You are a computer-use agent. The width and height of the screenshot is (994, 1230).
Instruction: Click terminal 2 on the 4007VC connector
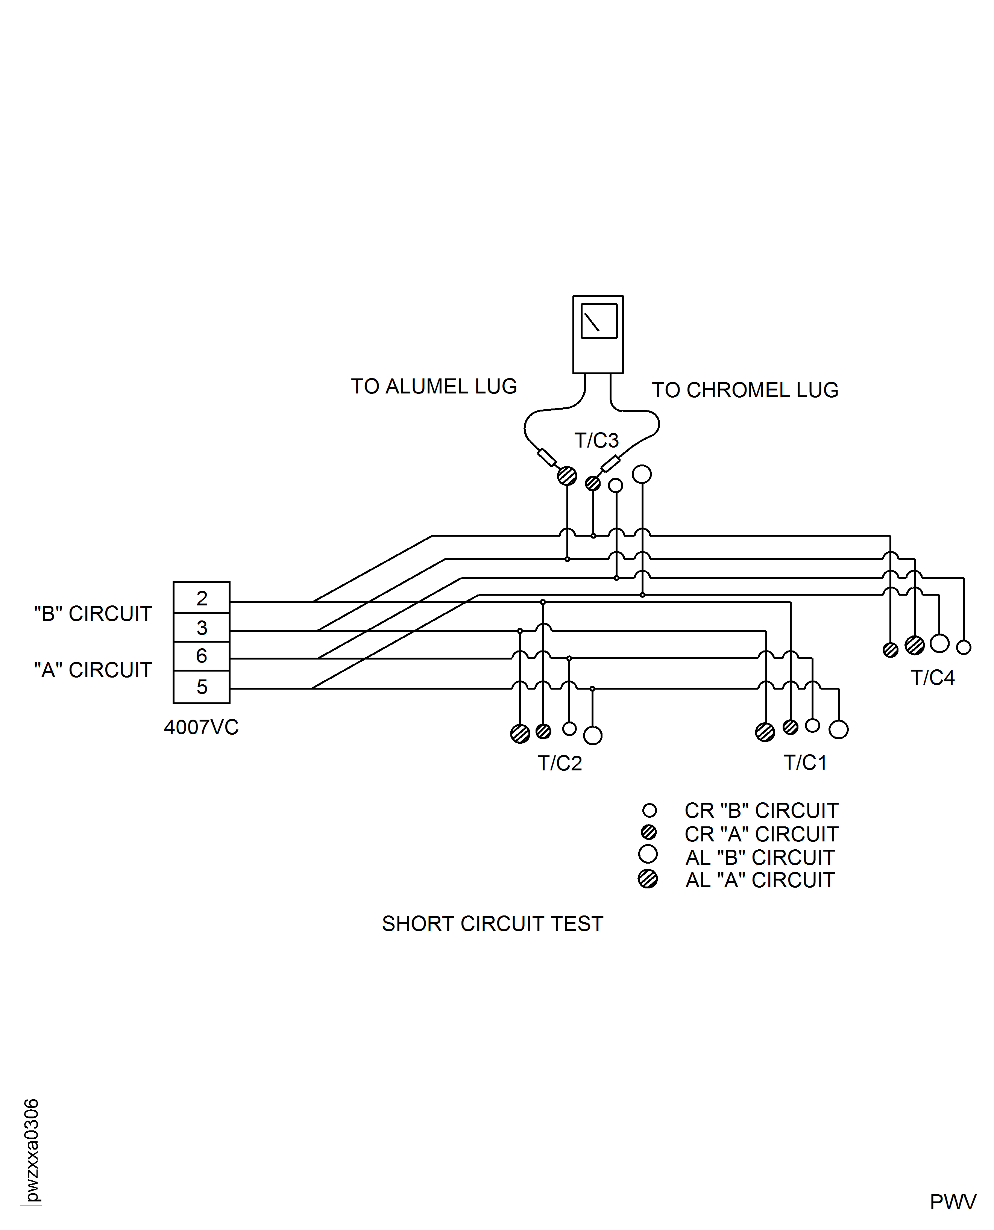point(202,598)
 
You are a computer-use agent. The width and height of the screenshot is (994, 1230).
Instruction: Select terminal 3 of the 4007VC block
point(202,628)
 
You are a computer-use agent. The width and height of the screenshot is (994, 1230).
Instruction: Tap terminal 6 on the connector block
point(202,656)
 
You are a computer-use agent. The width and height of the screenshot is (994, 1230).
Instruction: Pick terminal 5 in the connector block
point(202,687)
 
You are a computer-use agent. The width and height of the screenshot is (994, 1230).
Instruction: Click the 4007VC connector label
point(201,727)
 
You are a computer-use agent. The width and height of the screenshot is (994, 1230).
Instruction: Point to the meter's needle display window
point(599,321)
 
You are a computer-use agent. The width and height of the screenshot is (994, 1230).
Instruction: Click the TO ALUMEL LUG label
point(434,387)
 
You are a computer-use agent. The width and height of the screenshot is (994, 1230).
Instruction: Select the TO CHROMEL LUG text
point(745,390)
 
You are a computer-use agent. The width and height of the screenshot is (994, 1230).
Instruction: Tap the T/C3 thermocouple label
point(596,440)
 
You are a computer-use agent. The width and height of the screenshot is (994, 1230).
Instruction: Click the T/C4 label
point(932,678)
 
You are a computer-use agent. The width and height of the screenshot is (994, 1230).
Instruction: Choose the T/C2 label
point(559,763)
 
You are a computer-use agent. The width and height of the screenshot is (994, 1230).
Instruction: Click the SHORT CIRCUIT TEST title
point(492,924)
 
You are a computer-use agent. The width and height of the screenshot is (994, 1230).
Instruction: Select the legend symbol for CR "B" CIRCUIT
point(649,810)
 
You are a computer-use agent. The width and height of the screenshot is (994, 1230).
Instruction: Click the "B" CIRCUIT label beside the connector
point(93,614)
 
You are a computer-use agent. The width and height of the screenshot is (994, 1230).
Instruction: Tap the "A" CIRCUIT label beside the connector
point(93,670)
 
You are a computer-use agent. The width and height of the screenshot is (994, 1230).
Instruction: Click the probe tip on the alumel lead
point(547,458)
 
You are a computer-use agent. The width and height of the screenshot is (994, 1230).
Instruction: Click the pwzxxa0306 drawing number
point(32,1150)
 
